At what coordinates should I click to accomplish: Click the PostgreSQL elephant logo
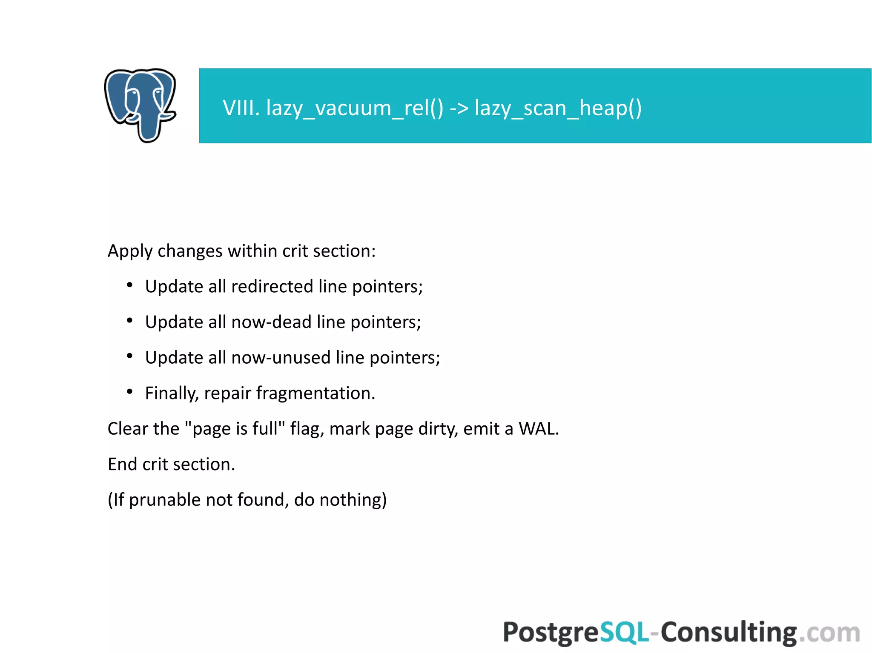coord(141,105)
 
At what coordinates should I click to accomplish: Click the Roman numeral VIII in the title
coord(241,108)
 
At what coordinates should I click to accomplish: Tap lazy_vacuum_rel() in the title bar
coord(355,108)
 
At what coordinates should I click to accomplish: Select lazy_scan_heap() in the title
coord(558,108)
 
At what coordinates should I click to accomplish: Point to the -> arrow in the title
coord(459,108)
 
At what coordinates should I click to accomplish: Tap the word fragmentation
coord(315,393)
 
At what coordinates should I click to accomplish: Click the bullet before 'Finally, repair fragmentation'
coord(130,391)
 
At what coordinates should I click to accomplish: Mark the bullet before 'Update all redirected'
coord(130,285)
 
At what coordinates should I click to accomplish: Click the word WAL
coord(537,428)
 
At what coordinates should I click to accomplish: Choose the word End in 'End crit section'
coord(123,464)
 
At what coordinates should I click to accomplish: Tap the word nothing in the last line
coord(353,500)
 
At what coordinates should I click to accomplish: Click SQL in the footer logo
coord(624,632)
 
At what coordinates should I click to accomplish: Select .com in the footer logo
coord(829,632)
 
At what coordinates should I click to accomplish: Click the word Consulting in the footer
coord(729,632)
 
